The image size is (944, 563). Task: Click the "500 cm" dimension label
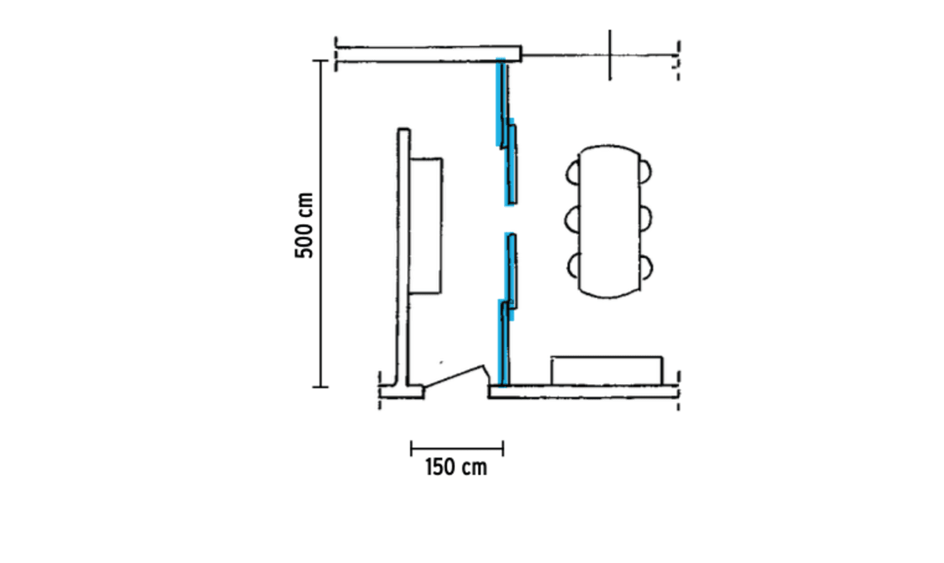305,225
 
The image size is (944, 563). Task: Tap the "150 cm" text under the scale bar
455,467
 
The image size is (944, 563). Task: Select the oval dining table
609,222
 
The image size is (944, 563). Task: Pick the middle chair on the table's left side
571,219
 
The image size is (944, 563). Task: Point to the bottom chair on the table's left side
572,266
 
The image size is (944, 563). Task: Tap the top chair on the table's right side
645,171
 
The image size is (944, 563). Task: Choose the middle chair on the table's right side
646,219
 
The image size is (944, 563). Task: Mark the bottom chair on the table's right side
646,267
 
